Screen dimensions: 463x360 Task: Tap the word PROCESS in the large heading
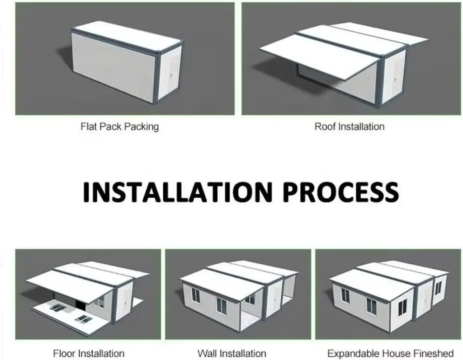[341, 192]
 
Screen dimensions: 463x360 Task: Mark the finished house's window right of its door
[438, 288]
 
